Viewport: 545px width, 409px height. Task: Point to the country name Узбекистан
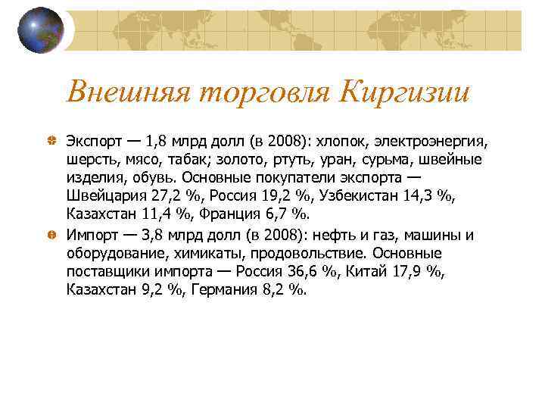[359, 196]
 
